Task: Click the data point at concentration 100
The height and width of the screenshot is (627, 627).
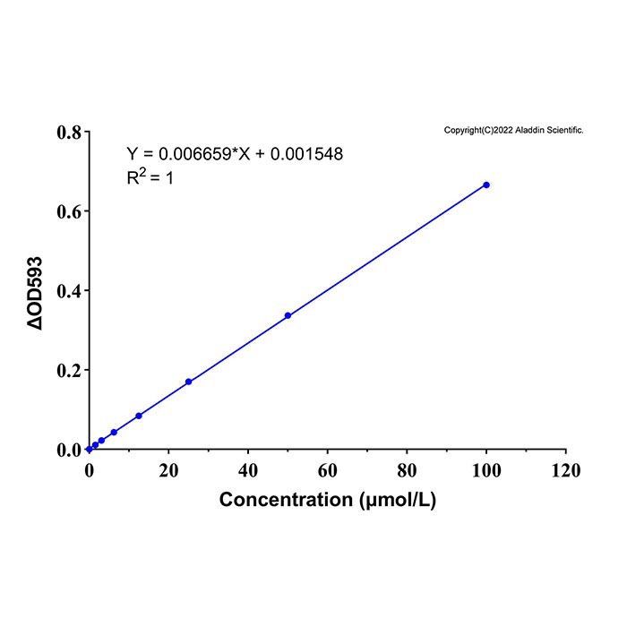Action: pyautogui.click(x=486, y=185)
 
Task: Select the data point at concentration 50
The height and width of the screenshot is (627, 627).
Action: pyautogui.click(x=288, y=315)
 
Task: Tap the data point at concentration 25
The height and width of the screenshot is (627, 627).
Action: pyautogui.click(x=188, y=382)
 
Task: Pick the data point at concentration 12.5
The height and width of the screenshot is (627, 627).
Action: pyautogui.click(x=139, y=416)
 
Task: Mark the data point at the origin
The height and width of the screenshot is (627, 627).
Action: pyautogui.click(x=90, y=449)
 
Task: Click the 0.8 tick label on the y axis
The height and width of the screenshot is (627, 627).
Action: pyautogui.click(x=69, y=133)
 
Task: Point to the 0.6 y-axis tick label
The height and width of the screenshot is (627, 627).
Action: pyautogui.click(x=69, y=211)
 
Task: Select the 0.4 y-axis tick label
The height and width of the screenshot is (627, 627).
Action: pyautogui.click(x=69, y=291)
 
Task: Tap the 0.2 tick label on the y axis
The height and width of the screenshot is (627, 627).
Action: pyautogui.click(x=69, y=370)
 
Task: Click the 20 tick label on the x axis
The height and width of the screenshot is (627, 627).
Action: pyautogui.click(x=168, y=470)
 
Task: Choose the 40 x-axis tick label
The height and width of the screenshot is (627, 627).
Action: pyautogui.click(x=248, y=470)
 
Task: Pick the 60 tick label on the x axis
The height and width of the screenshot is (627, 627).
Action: pyautogui.click(x=327, y=470)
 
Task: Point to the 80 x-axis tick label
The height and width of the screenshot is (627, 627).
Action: pyautogui.click(x=407, y=470)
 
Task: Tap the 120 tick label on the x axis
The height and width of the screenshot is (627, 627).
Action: pyautogui.click(x=566, y=470)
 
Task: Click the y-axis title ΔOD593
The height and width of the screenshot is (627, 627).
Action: pyautogui.click(x=34, y=293)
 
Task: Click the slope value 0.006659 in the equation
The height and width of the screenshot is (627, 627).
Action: pyautogui.click(x=195, y=154)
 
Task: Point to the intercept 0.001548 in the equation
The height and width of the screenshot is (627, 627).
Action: pyautogui.click(x=306, y=154)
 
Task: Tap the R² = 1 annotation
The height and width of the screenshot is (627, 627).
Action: pyautogui.click(x=150, y=177)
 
